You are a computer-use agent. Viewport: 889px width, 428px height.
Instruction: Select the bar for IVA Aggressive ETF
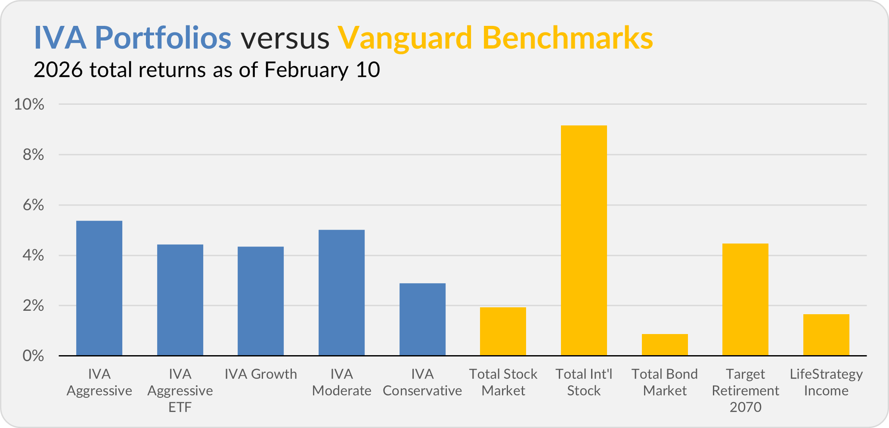click(x=180, y=300)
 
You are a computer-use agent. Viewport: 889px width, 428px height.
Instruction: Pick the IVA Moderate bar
click(x=341, y=293)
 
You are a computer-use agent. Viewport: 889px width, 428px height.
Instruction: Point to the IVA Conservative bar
click(x=422, y=319)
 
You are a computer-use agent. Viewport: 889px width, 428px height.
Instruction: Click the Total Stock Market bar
click(x=503, y=331)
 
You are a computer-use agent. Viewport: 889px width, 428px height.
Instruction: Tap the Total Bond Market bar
click(x=665, y=345)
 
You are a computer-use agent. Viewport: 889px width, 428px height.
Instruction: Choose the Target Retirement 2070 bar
click(x=745, y=300)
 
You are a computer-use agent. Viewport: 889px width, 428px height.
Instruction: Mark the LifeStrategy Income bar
click(x=826, y=335)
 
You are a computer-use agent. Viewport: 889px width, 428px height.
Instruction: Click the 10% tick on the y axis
click(x=29, y=104)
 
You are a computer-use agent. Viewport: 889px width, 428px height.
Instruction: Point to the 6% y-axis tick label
click(x=33, y=205)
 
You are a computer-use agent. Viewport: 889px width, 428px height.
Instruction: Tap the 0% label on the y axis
click(x=33, y=356)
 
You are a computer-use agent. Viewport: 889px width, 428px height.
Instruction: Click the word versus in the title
click(x=285, y=38)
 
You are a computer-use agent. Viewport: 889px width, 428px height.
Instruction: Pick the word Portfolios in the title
click(x=163, y=38)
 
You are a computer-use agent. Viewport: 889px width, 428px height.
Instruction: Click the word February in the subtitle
click(x=306, y=70)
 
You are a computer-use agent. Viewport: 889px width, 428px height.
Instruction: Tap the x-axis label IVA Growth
click(x=260, y=374)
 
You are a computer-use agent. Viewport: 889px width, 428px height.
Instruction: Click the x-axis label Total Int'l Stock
click(x=584, y=382)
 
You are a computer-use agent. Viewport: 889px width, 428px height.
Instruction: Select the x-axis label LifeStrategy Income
click(x=826, y=382)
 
